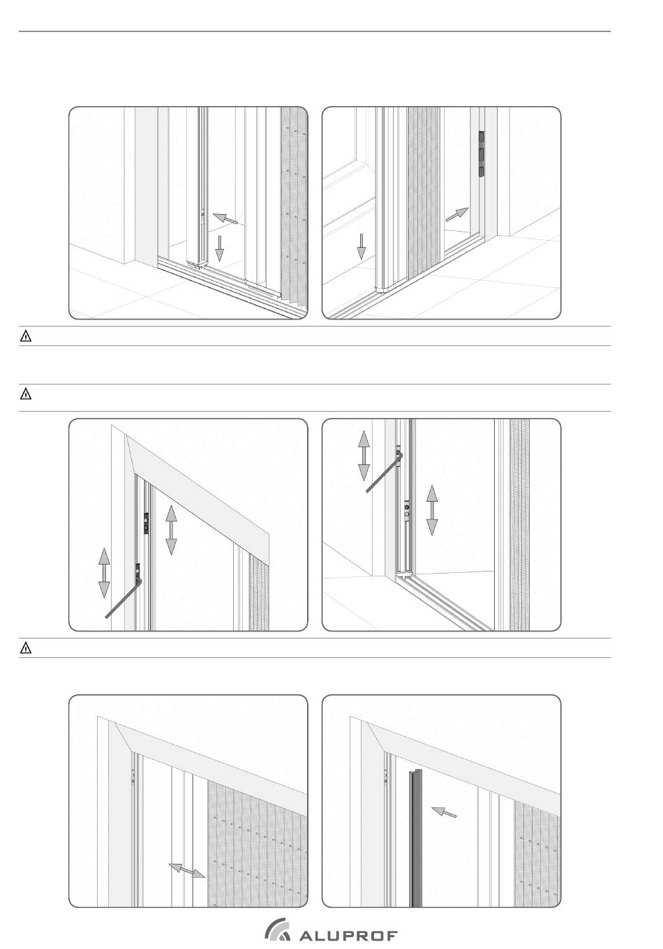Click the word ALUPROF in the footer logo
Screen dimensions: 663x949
(348, 936)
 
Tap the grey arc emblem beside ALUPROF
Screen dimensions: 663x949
(276, 928)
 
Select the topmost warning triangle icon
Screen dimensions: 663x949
(26, 336)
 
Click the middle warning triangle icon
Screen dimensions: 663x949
(26, 394)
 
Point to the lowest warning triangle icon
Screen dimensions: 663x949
(26, 648)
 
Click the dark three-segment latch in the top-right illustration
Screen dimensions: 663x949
(482, 154)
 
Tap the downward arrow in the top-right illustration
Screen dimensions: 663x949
(361, 246)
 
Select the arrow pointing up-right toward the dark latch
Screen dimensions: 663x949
(456, 214)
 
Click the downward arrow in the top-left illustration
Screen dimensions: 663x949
(219, 248)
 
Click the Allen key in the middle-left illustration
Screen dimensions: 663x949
(123, 597)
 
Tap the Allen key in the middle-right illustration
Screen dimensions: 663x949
(384, 472)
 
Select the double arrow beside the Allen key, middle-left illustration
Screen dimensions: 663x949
(104, 573)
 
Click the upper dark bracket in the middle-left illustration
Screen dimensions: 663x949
(146, 523)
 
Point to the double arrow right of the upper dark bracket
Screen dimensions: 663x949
(171, 530)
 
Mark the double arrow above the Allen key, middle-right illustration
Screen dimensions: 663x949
(364, 456)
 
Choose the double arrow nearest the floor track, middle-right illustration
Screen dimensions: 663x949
(432, 510)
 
